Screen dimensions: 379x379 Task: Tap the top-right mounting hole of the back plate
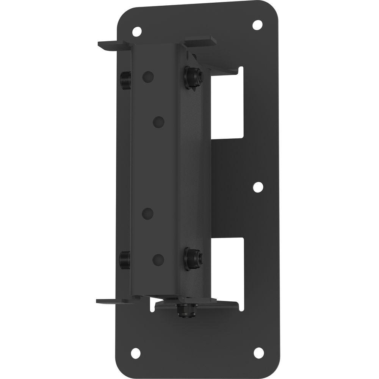(258, 24)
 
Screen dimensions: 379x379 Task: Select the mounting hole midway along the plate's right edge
(258, 186)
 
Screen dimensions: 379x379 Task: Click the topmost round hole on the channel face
(148, 77)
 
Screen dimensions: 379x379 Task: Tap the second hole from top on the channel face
(159, 122)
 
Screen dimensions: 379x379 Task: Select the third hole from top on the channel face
(148, 213)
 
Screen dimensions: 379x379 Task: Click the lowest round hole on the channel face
(158, 259)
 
